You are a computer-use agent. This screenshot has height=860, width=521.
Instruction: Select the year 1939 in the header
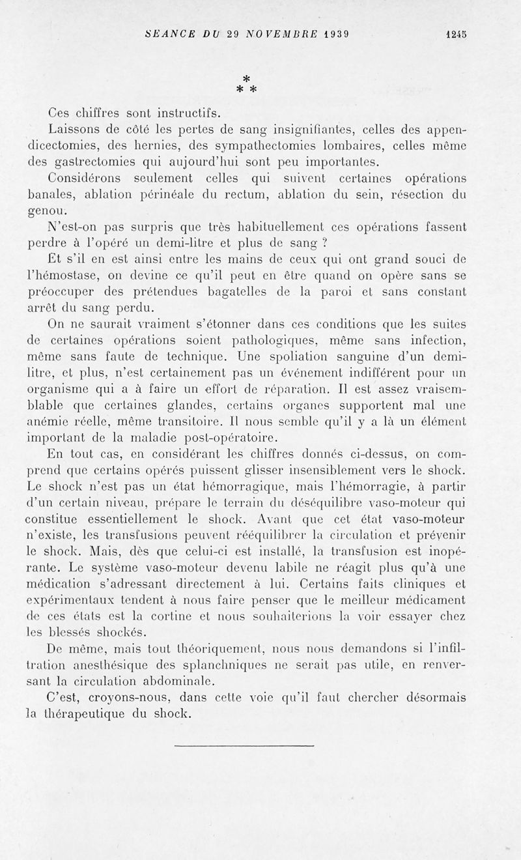[x=337, y=37]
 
